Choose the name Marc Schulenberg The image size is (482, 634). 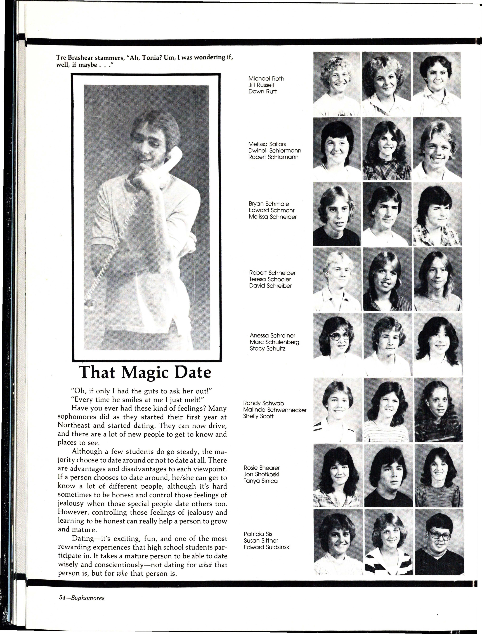[x=274, y=342]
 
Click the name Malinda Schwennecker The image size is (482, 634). [x=275, y=410]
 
